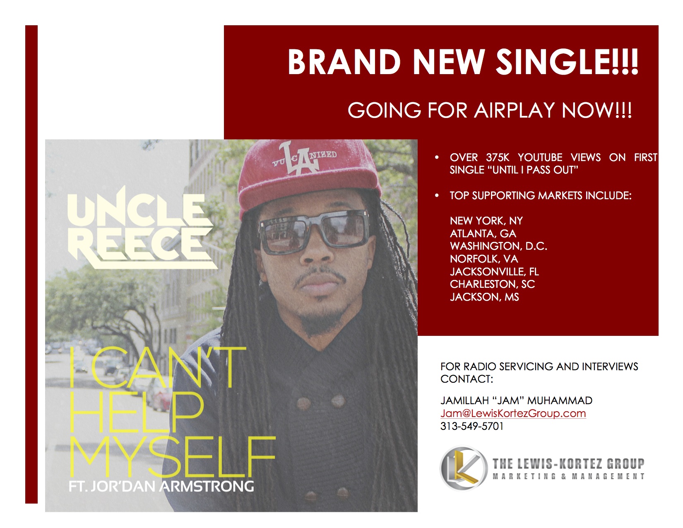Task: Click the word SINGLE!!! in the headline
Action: pyautogui.click(x=566, y=62)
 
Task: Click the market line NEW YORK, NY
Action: pyautogui.click(x=486, y=221)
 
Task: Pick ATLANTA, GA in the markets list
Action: pyautogui.click(x=483, y=233)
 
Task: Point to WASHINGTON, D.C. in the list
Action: pyautogui.click(x=498, y=246)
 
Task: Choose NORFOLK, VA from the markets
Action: pyautogui.click(x=484, y=259)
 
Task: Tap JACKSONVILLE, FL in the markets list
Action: pyautogui.click(x=494, y=271)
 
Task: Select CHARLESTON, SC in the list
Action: pyautogui.click(x=492, y=284)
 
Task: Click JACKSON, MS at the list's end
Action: pyautogui.click(x=484, y=297)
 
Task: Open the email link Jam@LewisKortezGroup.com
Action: pyautogui.click(x=513, y=413)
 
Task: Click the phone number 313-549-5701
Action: pyautogui.click(x=472, y=426)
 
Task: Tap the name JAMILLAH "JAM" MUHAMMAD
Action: pyautogui.click(x=517, y=400)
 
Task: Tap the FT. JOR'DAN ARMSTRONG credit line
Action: pyautogui.click(x=161, y=486)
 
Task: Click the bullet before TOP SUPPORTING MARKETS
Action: pyautogui.click(x=437, y=195)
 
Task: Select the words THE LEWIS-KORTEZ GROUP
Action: pyautogui.click(x=568, y=463)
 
